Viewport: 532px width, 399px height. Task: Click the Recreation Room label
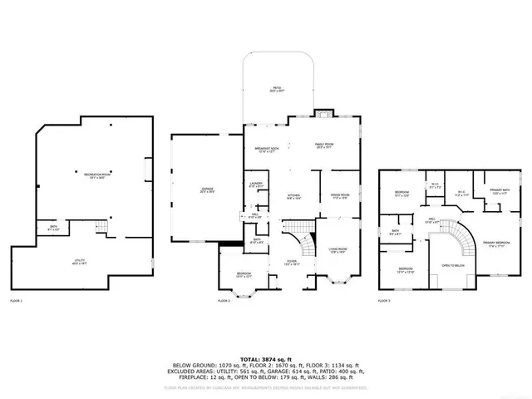(x=98, y=175)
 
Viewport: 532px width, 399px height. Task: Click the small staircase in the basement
(x=102, y=227)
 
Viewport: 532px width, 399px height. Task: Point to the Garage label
(x=207, y=190)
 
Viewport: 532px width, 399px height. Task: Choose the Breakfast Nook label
(x=266, y=150)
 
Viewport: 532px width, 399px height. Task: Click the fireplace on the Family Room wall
(x=321, y=114)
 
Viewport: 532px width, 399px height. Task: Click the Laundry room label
(x=256, y=185)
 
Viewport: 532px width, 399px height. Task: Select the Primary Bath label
(x=500, y=190)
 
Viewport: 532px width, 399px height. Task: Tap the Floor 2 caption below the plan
(x=224, y=300)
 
